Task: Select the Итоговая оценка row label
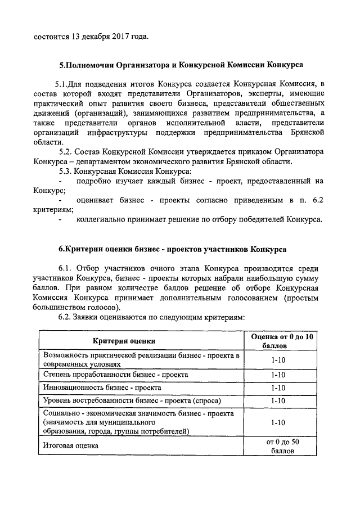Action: click(70, 445)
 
